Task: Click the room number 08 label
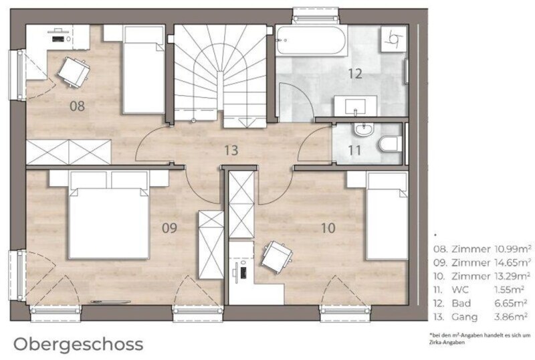tap(77, 106)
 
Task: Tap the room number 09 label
tap(169, 228)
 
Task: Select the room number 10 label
tap(328, 228)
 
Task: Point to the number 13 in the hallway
tap(231, 150)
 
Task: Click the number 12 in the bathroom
tap(355, 73)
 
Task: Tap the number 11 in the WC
tap(355, 150)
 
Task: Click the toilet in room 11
tap(391, 144)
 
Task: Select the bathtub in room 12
tap(311, 39)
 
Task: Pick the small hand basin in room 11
tap(364, 129)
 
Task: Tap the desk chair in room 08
tap(74, 72)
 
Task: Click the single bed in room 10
tap(387, 216)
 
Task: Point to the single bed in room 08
tap(144, 70)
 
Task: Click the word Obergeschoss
tap(78, 345)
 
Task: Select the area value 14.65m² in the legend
tap(513, 262)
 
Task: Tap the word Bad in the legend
tap(461, 303)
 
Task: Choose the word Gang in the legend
tap(465, 317)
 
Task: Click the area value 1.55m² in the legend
tap(510, 290)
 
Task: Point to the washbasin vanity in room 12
tap(356, 106)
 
